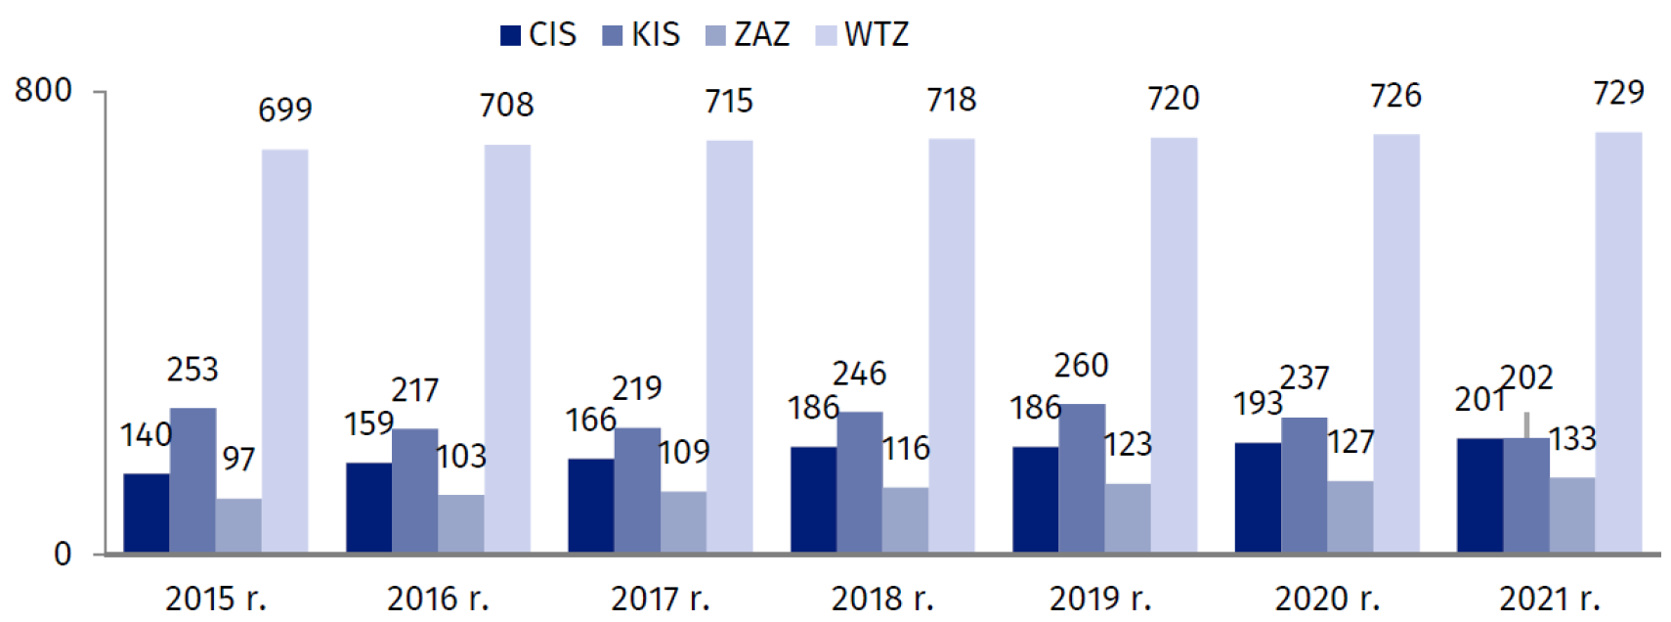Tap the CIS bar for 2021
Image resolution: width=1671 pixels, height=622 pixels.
pos(1479,495)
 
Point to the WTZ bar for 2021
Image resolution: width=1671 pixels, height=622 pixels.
pos(1618,342)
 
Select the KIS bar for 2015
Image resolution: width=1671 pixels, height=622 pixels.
pos(193,479)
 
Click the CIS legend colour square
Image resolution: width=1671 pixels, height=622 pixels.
pos(510,36)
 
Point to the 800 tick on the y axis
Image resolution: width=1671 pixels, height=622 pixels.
pos(43,91)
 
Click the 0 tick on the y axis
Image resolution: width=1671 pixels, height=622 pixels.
pos(63,555)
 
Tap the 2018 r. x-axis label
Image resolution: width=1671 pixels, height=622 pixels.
pos(881,599)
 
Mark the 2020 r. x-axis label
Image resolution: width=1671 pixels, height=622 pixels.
pos(1326,599)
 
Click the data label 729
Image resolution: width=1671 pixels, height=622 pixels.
pos(1618,93)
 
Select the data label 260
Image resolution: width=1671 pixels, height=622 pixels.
pos(1081,366)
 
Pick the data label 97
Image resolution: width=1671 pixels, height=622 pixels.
pos(238,459)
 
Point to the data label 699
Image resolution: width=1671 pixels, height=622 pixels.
pos(284,110)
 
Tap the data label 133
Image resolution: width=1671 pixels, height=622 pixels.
pos(1572,439)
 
